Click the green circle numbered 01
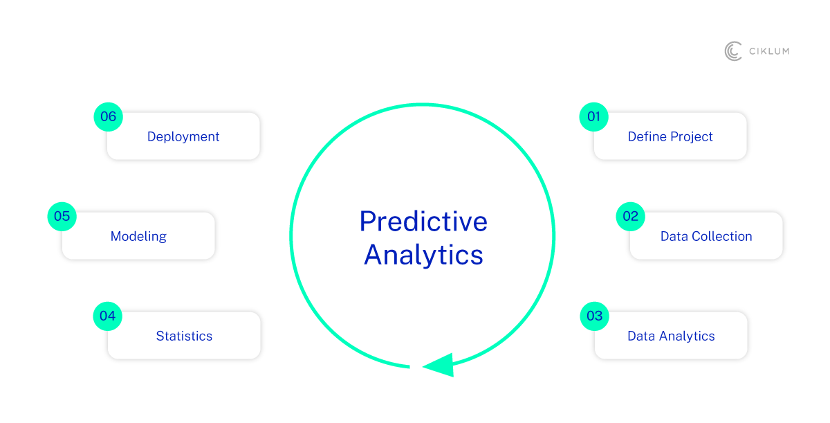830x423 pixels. coord(593,117)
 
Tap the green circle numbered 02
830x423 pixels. coord(630,217)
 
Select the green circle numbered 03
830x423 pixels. coord(594,316)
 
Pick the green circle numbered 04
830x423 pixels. coord(107,316)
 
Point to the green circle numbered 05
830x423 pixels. coord(62,217)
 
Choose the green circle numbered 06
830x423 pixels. coord(108,117)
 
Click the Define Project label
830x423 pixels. coord(670,137)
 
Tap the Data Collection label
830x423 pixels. coord(706,236)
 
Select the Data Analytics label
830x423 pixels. coord(671,336)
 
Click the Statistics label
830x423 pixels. coord(184,336)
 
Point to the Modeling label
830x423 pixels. coord(138,237)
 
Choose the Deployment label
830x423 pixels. coord(183,137)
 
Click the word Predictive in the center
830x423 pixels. coord(423,222)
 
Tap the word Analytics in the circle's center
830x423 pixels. coord(423,255)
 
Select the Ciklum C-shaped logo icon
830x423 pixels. coord(733,51)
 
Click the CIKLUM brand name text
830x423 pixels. coord(769,51)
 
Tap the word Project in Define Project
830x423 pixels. coord(692,137)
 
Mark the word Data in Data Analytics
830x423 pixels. coord(641,336)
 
